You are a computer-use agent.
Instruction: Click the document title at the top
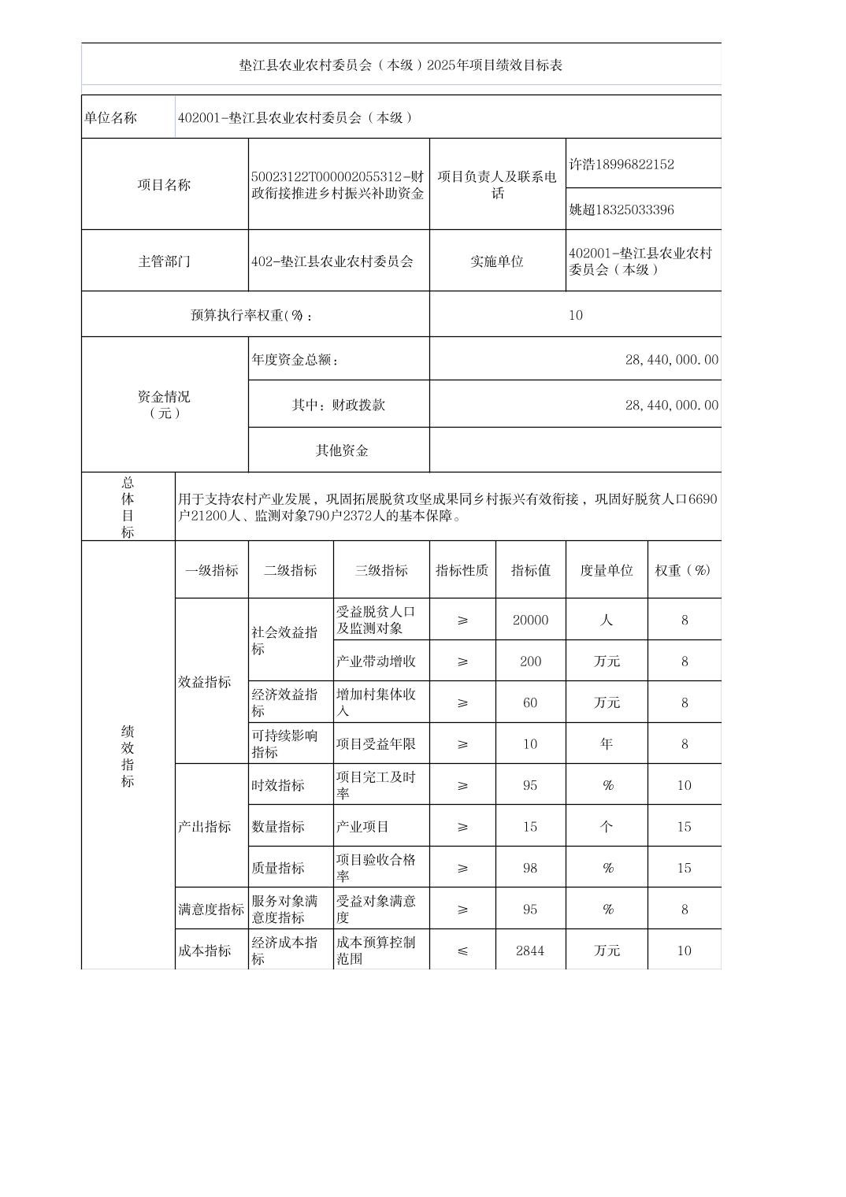pyautogui.click(x=401, y=65)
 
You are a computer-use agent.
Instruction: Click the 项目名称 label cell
pyautogui.click(x=164, y=185)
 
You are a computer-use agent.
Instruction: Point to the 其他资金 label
pyautogui.click(x=342, y=450)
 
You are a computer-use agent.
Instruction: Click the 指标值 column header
pyautogui.click(x=530, y=570)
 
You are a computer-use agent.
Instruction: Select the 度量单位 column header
pyautogui.click(x=607, y=570)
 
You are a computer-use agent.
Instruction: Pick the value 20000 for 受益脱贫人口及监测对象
pyautogui.click(x=530, y=620)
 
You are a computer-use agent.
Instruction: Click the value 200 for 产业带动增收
pyautogui.click(x=530, y=661)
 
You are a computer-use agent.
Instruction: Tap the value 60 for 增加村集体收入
pyautogui.click(x=530, y=702)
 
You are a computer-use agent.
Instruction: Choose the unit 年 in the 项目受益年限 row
pyautogui.click(x=607, y=743)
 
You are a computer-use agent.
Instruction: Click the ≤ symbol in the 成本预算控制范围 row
pyautogui.click(x=462, y=951)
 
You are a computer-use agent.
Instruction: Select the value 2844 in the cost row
pyautogui.click(x=530, y=951)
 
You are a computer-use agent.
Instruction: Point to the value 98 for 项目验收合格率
pyautogui.click(x=530, y=868)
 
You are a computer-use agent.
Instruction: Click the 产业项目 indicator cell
pyautogui.click(x=363, y=827)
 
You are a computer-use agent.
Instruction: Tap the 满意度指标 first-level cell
pyautogui.click(x=211, y=910)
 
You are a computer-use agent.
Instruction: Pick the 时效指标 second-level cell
pyautogui.click(x=278, y=785)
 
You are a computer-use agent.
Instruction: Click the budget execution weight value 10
pyautogui.click(x=576, y=315)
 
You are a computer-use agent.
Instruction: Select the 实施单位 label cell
pyautogui.click(x=497, y=261)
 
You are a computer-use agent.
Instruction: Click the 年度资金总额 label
pyautogui.click(x=295, y=360)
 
